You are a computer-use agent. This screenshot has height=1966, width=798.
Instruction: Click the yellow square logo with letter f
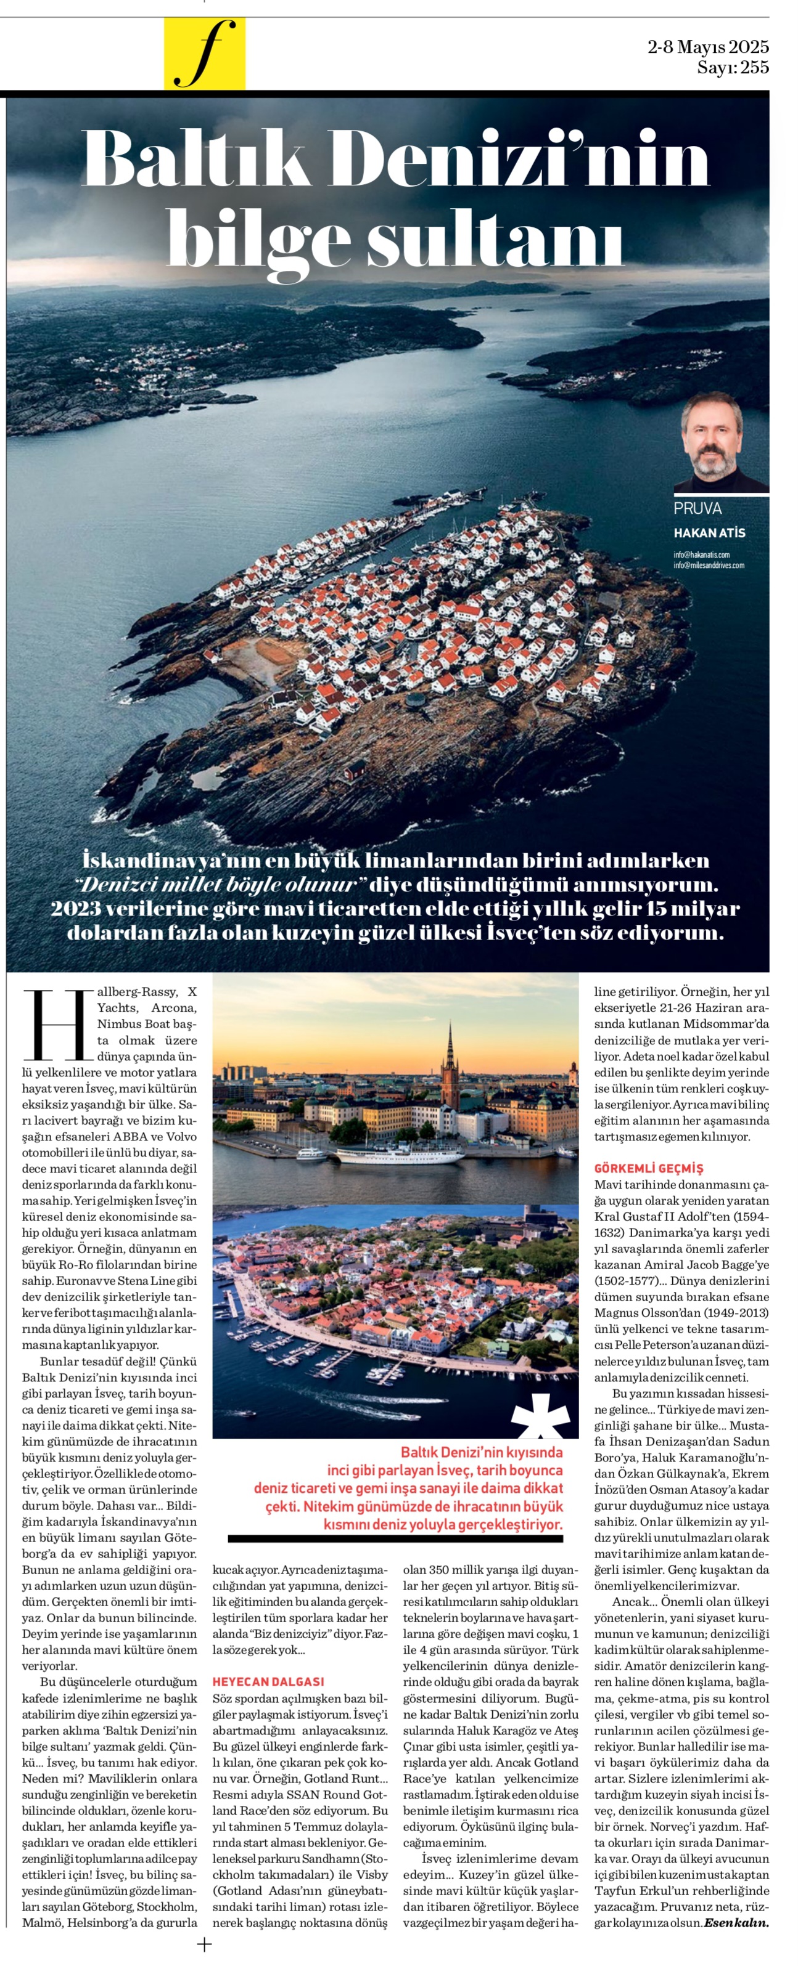point(204,54)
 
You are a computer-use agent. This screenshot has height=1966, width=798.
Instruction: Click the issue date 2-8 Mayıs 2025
point(707,47)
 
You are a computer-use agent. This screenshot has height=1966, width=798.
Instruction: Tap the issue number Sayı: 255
point(731,67)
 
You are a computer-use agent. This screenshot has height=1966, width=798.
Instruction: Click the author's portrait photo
point(721,442)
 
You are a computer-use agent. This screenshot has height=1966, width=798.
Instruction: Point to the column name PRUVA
point(697,509)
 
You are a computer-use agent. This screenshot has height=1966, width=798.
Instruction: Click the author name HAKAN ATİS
point(709,533)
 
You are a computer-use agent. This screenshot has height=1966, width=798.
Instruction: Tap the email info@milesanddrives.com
point(708,566)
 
